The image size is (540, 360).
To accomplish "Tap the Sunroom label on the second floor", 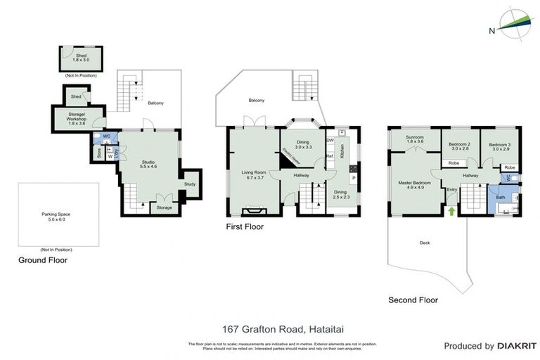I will tap(416, 139).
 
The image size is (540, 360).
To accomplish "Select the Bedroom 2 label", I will tap(459, 146).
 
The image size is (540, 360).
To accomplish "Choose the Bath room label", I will tap(500, 198).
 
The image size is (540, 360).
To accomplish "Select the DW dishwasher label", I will tap(330, 140).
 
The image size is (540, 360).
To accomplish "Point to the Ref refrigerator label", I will tap(329, 156).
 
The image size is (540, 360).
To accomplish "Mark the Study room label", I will tap(190, 184).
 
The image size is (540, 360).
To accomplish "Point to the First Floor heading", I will tap(245, 227).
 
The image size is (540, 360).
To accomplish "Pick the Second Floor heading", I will tap(413, 300).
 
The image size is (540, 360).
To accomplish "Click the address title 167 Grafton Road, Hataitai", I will tap(271, 329).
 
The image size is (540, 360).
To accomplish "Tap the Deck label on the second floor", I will tap(424, 243).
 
